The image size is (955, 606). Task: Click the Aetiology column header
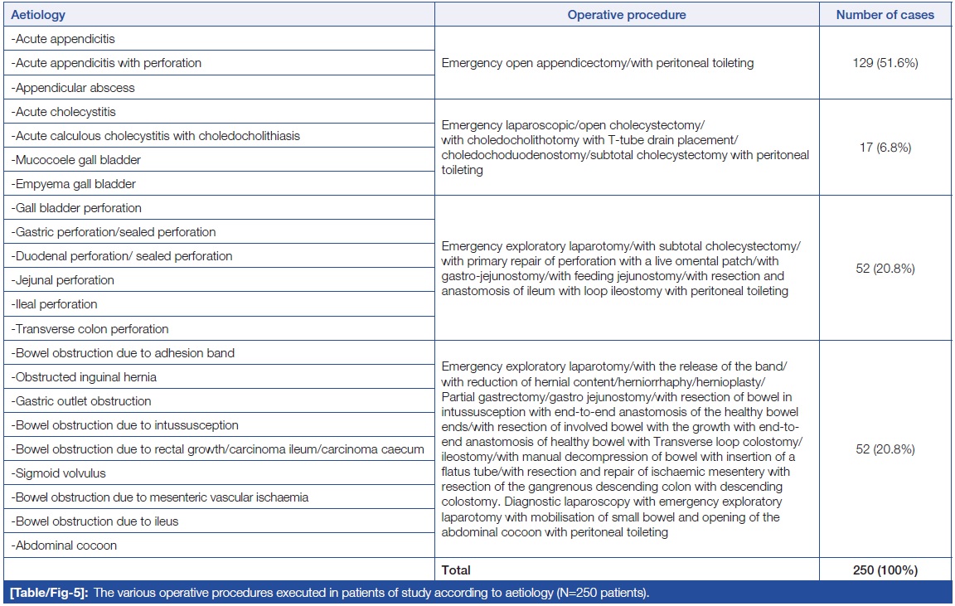(x=38, y=15)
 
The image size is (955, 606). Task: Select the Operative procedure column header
(x=627, y=15)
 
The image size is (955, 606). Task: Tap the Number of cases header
(x=885, y=15)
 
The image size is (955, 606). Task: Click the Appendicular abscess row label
(x=73, y=87)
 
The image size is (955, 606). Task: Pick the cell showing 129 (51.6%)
(x=885, y=63)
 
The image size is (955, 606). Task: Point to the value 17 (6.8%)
(x=885, y=148)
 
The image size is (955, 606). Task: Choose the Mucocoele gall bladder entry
(x=75, y=159)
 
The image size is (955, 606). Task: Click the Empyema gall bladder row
(x=74, y=184)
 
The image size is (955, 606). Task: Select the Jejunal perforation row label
(x=62, y=280)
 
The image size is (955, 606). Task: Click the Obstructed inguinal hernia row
(x=84, y=377)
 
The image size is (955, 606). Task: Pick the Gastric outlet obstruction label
(x=81, y=401)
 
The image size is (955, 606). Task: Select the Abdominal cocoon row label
(x=64, y=545)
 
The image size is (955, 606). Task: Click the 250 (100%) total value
(x=885, y=570)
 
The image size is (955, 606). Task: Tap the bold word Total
(x=456, y=570)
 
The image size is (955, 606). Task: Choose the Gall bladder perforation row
(x=76, y=208)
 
